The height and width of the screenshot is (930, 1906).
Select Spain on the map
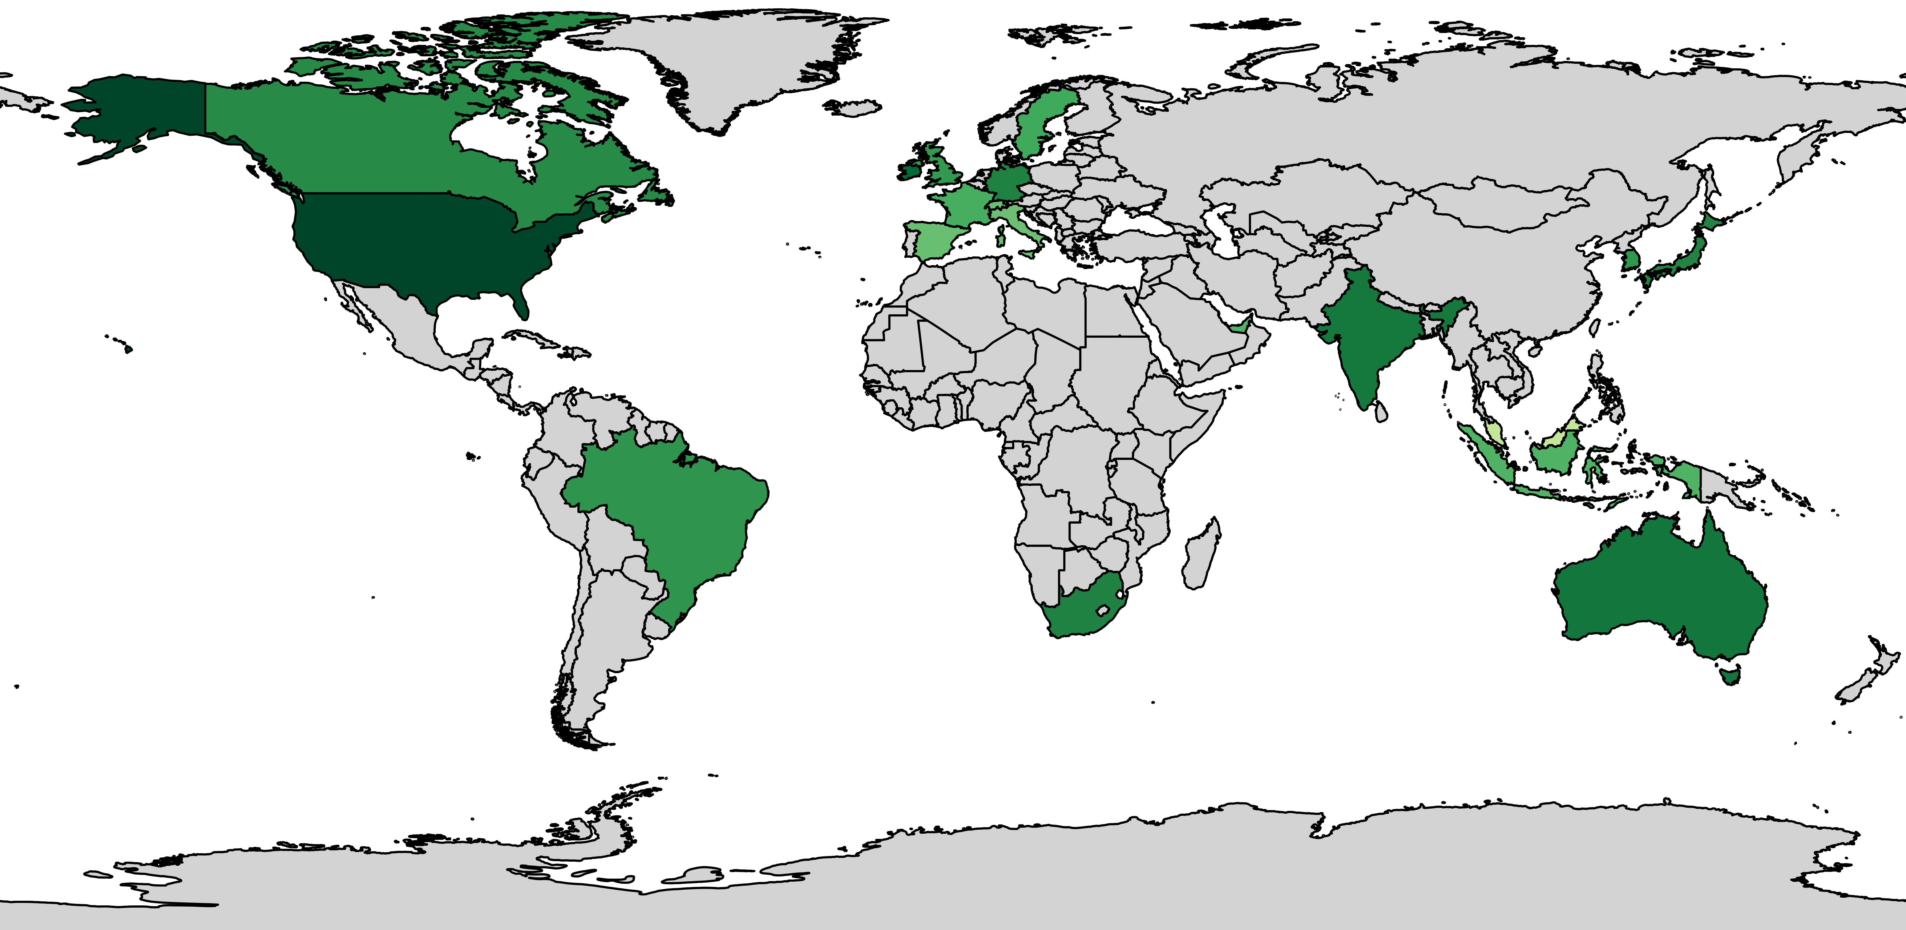click(x=936, y=240)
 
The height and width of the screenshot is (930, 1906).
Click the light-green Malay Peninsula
click(x=1495, y=433)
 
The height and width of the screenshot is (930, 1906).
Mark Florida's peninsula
click(x=522, y=303)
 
